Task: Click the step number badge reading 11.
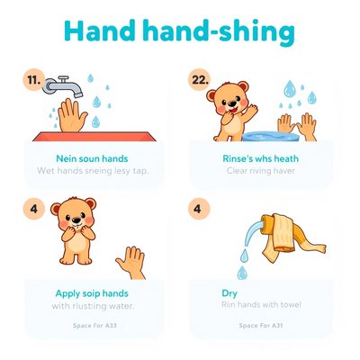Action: click(34, 80)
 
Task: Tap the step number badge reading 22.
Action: click(199, 80)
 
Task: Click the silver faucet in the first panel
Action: click(63, 86)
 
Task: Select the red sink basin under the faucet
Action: click(94, 136)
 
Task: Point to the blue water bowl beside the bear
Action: click(271, 137)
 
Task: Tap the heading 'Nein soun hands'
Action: click(92, 158)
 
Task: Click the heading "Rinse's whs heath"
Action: click(260, 158)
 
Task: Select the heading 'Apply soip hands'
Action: click(92, 293)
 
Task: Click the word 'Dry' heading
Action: click(229, 293)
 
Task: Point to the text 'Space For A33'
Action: click(94, 326)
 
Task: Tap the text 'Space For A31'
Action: click(261, 326)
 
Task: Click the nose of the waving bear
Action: click(231, 103)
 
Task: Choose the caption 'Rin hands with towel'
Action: click(261, 305)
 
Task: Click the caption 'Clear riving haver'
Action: click(261, 171)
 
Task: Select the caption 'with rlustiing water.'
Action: click(93, 306)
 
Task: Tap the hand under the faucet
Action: click(72, 115)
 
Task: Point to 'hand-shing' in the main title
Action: click(219, 32)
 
